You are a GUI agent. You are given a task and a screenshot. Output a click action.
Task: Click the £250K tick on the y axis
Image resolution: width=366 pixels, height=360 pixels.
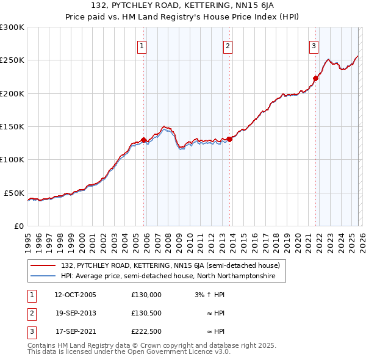pos(12,60)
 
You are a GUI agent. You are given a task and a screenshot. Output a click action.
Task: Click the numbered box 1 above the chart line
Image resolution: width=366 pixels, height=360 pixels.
pos(142,45)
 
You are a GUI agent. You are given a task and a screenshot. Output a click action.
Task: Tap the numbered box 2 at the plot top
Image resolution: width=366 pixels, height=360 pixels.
pos(228,45)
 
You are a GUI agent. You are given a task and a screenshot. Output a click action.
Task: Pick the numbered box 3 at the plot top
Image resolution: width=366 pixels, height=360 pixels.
pos(314,45)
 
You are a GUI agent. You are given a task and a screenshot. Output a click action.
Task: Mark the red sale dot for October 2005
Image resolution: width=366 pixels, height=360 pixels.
pos(144,140)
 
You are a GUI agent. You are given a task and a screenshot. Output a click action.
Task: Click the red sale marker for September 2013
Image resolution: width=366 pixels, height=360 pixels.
pos(229,139)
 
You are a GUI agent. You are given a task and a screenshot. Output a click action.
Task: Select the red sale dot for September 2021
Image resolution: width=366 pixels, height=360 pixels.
pos(316,78)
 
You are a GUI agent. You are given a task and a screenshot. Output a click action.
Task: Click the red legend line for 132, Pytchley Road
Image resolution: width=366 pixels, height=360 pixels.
pos(43,265)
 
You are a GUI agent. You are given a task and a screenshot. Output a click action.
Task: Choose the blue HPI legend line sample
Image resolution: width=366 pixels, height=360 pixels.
pos(43,276)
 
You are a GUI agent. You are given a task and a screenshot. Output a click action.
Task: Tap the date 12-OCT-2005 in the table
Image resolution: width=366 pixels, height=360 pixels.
pos(75,295)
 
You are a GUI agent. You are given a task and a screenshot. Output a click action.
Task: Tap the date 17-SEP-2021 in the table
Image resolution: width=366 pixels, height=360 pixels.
pos(75,331)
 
